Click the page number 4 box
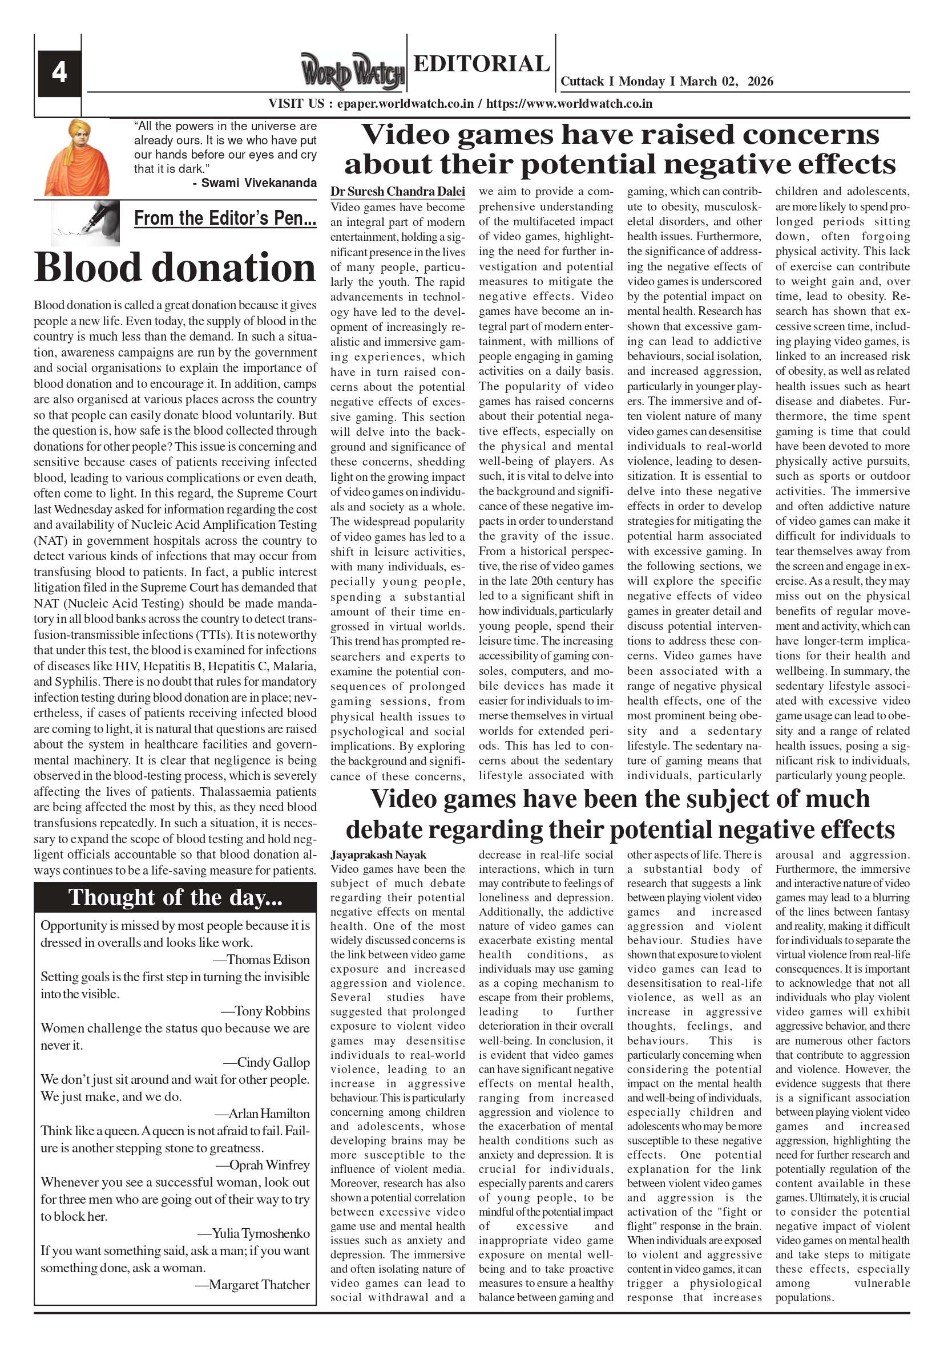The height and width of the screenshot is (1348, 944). click(x=59, y=74)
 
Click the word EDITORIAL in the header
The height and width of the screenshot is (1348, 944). click(x=482, y=63)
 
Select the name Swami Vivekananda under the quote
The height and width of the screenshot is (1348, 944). click(x=259, y=183)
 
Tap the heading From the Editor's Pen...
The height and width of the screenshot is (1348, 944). click(x=225, y=218)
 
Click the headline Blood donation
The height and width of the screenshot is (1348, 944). click(x=175, y=268)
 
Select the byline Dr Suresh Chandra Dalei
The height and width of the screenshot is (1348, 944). click(x=398, y=192)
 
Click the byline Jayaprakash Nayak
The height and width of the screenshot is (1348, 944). click(x=378, y=855)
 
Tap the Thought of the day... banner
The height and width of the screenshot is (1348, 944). click(x=175, y=897)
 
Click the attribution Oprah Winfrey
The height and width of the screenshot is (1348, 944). click(x=269, y=1165)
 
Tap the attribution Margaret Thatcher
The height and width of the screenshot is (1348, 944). click(x=259, y=1285)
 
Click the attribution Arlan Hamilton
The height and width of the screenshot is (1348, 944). click(x=268, y=1114)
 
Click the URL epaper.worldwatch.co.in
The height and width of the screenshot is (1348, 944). click(x=405, y=104)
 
